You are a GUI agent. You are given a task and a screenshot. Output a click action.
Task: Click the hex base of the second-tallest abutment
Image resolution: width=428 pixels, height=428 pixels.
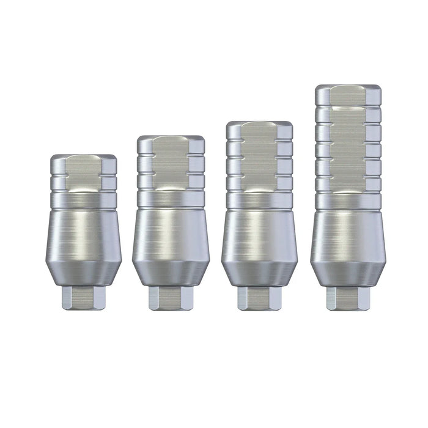[x=259, y=298]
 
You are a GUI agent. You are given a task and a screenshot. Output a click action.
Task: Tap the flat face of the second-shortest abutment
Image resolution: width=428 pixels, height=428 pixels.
[x=171, y=163]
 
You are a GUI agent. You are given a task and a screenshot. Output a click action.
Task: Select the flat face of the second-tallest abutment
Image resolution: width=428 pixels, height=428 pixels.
[x=259, y=156]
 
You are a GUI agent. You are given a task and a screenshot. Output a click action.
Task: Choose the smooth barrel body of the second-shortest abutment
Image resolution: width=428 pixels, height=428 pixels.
[x=171, y=235]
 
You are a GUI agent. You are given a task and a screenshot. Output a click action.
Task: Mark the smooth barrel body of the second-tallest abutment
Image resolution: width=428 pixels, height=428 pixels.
[x=259, y=235]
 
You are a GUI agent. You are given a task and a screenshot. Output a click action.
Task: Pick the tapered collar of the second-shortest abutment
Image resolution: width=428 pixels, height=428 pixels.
[x=171, y=274]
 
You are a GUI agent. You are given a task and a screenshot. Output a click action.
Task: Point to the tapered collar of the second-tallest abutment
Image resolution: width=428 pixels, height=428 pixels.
[x=259, y=274]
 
